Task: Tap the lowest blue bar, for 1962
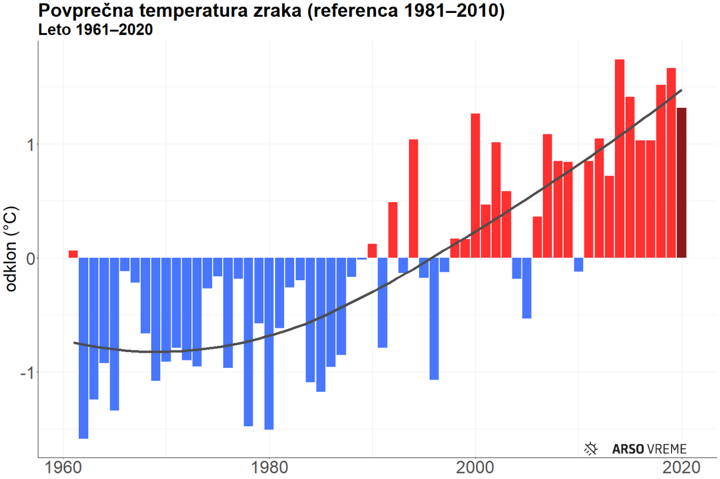click(x=83, y=348)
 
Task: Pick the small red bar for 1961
click(x=73, y=254)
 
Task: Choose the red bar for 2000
click(x=475, y=185)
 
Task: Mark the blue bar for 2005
click(x=527, y=288)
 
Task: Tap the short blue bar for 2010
click(x=578, y=264)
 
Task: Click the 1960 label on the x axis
click(x=63, y=468)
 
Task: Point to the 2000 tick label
click(x=475, y=468)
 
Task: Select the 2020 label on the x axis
click(x=681, y=468)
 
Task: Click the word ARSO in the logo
click(x=628, y=449)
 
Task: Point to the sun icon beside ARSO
click(x=591, y=448)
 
